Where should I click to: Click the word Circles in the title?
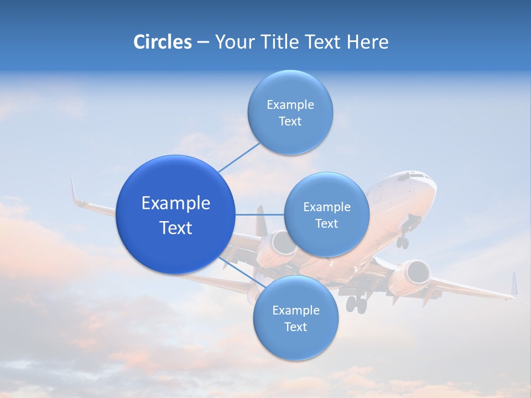(x=162, y=42)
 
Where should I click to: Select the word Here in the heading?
(x=368, y=42)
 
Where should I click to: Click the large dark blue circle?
(x=176, y=214)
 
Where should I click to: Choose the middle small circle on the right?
(x=326, y=214)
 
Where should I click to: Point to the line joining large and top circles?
(x=239, y=156)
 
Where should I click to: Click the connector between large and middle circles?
(x=259, y=214)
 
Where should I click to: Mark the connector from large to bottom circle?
(x=242, y=272)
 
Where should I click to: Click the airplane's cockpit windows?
(x=415, y=176)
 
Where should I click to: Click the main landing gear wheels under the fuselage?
(x=357, y=303)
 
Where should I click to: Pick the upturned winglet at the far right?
(x=514, y=284)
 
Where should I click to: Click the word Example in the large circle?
(x=176, y=203)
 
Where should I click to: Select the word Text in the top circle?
(x=290, y=121)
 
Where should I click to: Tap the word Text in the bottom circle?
(x=295, y=327)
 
